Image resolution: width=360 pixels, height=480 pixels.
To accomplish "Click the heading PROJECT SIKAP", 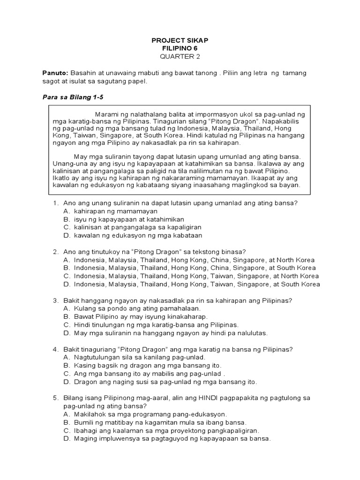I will [x=180, y=41].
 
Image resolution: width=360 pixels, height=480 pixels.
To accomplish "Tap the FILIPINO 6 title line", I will [x=180, y=49].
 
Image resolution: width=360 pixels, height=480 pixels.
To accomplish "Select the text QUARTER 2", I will [x=180, y=57].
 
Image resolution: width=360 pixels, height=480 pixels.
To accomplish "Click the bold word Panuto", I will [x=55, y=73].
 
